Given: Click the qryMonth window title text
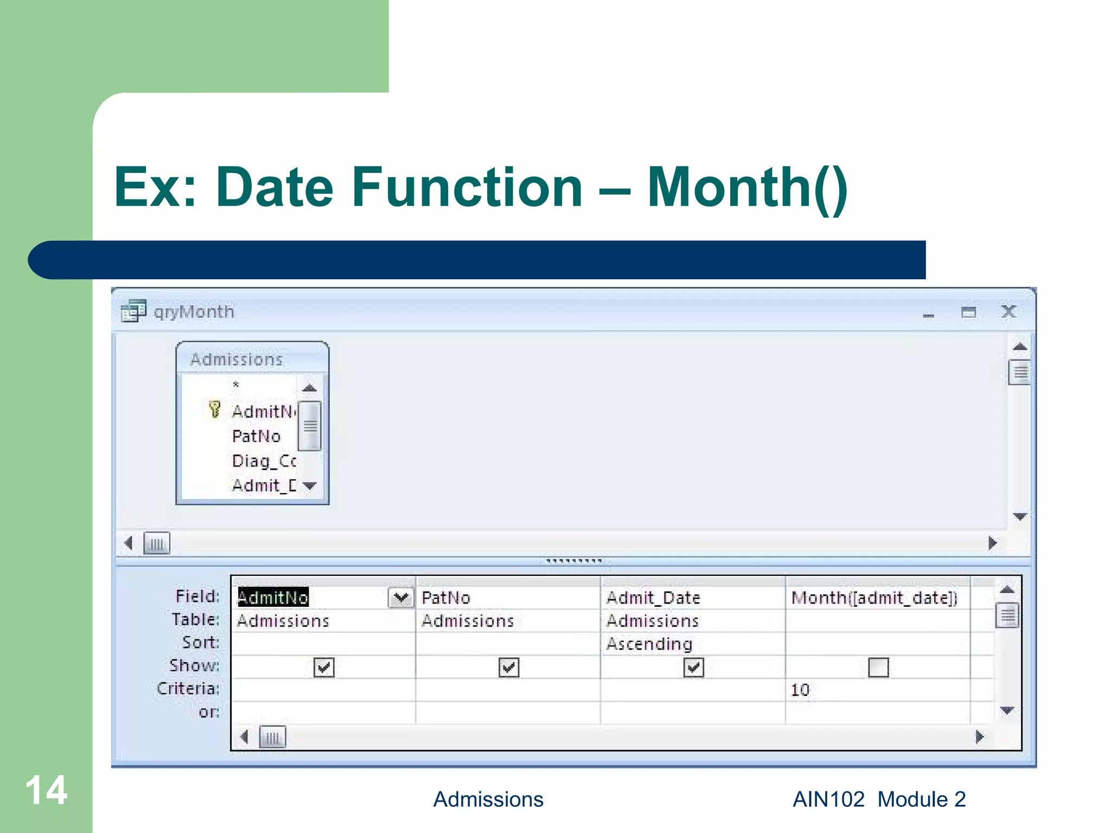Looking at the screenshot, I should click(194, 312).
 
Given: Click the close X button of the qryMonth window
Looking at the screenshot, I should click(1008, 312).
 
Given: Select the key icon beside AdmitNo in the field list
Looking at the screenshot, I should click(215, 409).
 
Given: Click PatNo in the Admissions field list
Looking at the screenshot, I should click(256, 436).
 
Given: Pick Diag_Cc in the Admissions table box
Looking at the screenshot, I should click(264, 461).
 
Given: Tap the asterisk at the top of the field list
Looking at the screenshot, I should click(236, 385).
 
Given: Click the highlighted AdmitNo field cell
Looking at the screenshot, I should click(273, 597).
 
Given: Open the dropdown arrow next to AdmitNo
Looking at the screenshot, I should click(401, 598).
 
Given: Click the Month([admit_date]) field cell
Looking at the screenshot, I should click(874, 598).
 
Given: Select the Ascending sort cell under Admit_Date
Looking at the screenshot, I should click(649, 644).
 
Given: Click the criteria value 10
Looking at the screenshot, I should click(800, 690).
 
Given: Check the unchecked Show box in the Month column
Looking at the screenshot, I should click(878, 667).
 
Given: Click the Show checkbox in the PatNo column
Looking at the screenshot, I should click(508, 667).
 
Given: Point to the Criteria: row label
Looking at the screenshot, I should click(188, 689).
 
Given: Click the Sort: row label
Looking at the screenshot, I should click(201, 643).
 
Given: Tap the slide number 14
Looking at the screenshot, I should click(46, 790).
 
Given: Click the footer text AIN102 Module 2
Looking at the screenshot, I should click(879, 799).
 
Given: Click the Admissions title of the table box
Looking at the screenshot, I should click(237, 359).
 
